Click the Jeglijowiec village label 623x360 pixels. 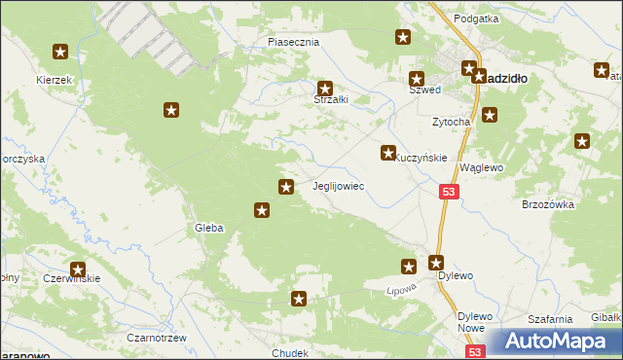click(x=338, y=185)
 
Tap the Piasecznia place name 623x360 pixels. click(x=293, y=43)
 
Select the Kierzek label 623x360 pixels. click(x=55, y=80)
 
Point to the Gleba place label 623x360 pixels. click(x=209, y=228)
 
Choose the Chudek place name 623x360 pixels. click(x=290, y=353)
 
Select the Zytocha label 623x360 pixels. click(x=451, y=122)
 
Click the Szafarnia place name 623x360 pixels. click(x=548, y=319)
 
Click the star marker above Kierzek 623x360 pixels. click(x=60, y=53)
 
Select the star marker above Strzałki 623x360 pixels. click(x=326, y=89)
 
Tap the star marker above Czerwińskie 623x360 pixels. click(x=78, y=270)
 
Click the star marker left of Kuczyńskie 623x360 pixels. click(x=388, y=153)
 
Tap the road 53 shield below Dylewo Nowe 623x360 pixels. click(x=474, y=352)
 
